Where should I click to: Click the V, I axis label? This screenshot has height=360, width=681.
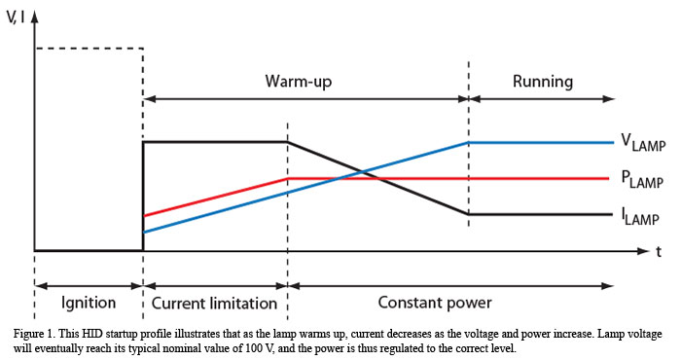coord(18,14)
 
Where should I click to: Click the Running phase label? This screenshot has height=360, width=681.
coord(542,81)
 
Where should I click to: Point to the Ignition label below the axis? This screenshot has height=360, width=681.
coord(89,301)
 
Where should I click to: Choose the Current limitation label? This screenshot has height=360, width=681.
coord(215,301)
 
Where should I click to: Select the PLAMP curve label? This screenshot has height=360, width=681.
coord(643,180)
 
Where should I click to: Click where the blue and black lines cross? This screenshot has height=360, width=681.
coord(363,173)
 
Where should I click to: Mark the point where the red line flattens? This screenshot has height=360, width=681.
coord(288,178)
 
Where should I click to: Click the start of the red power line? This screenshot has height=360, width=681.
coord(144,215)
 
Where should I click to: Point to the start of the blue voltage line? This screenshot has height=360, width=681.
coord(144,233)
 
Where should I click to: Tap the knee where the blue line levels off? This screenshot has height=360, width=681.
coord(469,142)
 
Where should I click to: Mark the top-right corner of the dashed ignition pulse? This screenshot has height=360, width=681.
coord(144,47)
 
